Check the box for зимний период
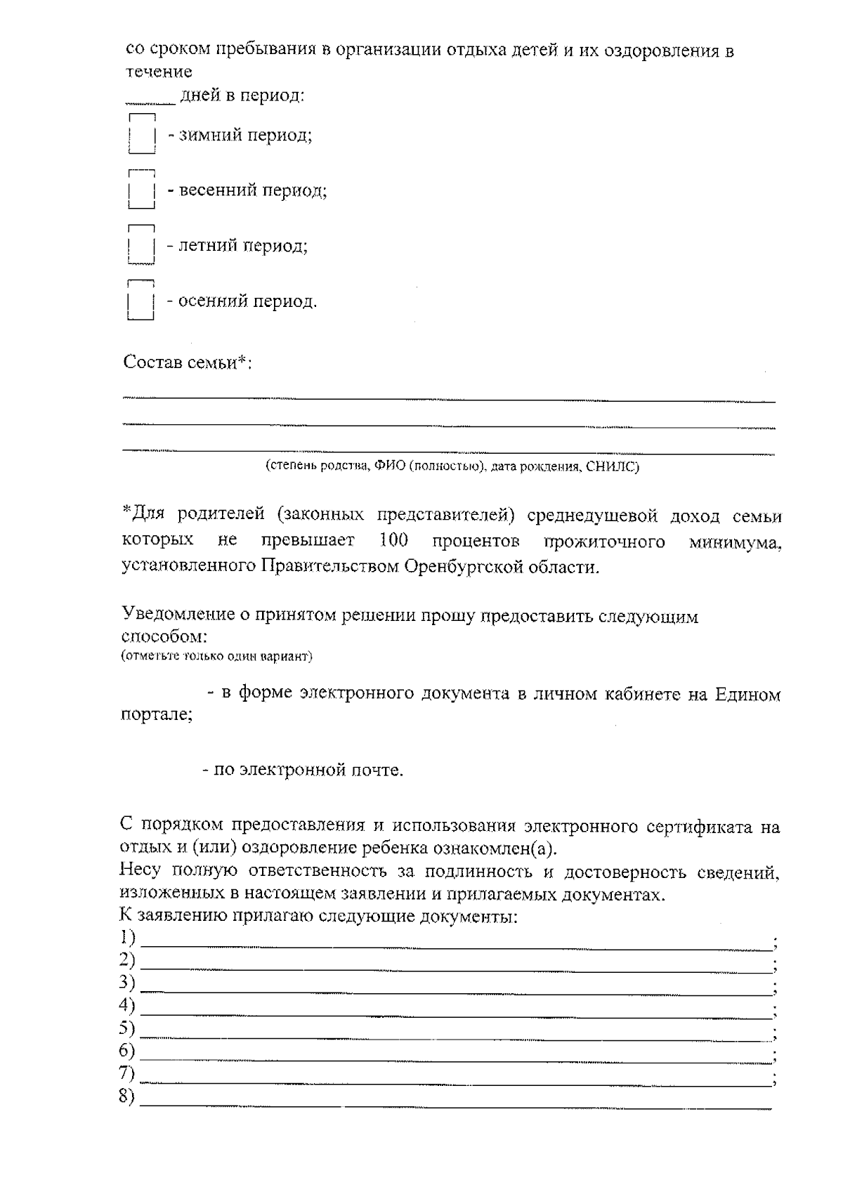141,134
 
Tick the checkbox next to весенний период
141,190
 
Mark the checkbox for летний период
141,246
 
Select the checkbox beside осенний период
141,302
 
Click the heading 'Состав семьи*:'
188,363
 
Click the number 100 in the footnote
393,541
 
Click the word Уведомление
178,616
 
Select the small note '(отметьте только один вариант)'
216,657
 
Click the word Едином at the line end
747,695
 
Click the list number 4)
127,1006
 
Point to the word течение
159,72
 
